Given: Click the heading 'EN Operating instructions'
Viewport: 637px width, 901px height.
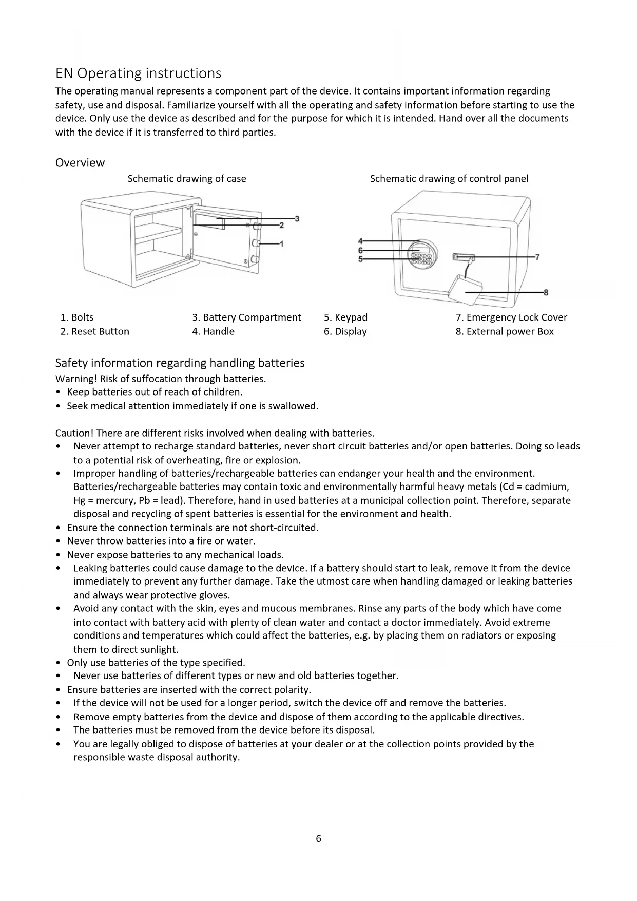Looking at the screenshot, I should point(138,73).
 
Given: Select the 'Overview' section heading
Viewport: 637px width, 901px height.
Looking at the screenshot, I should point(80,163).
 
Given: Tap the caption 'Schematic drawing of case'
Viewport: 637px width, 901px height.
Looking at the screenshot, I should point(187,179).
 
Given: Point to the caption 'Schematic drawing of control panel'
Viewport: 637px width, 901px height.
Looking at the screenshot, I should point(449,179).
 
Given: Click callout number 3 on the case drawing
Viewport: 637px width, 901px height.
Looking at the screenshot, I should point(297,219).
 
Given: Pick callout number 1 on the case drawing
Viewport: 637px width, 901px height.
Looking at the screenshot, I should point(281,243).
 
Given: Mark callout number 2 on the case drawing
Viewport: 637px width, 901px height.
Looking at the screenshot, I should point(281,225).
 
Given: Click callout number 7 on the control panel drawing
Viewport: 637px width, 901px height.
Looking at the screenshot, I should point(537,257).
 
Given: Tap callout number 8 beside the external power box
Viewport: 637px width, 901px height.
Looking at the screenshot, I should point(546,292).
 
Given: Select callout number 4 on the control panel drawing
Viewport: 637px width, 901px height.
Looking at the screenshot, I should point(361,240).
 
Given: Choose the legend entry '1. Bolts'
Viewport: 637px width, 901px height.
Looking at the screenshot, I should point(77,317).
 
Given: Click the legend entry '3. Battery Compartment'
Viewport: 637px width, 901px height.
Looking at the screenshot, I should point(246,317).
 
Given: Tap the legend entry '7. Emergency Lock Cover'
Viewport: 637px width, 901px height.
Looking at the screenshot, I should point(511,317).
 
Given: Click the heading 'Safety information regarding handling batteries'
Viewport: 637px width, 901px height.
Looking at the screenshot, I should point(180,363).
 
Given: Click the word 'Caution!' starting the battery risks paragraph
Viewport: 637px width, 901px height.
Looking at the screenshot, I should point(74,433).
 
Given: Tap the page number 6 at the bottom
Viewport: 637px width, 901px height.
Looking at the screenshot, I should point(318,839).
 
